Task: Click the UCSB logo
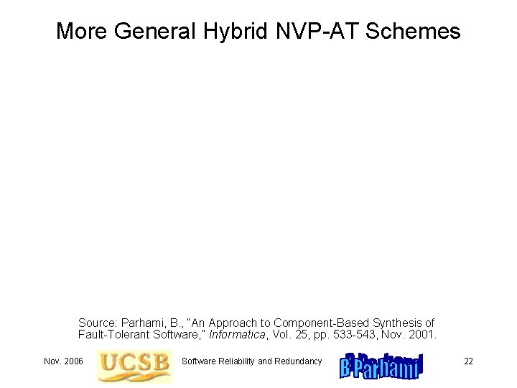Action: point(135,366)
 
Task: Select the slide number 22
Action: point(468,361)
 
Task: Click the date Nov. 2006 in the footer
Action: point(63,361)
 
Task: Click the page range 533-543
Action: point(353,335)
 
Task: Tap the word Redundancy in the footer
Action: point(298,361)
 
